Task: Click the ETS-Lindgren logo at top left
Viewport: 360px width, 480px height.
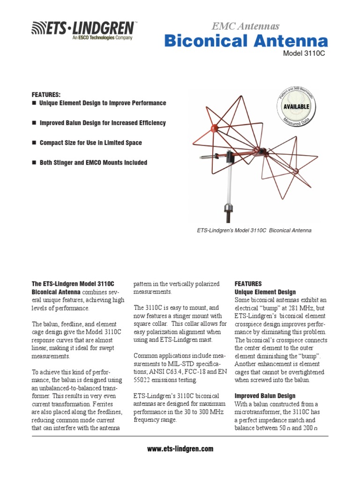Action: point(84,29)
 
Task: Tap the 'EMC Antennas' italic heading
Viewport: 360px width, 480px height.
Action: point(246,26)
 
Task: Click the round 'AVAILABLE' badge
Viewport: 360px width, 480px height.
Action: point(296,106)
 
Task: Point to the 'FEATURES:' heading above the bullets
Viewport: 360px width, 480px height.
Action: point(46,94)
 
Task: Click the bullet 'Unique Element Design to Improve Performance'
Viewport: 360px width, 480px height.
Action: point(103,103)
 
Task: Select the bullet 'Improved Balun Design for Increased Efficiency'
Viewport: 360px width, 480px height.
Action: point(102,123)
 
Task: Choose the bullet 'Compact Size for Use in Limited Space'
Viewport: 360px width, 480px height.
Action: point(90,142)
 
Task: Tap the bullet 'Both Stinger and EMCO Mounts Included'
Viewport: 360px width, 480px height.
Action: point(93,163)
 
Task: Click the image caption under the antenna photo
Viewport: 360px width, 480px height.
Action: point(254,231)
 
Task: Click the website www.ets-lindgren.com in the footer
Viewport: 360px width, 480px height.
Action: point(180,449)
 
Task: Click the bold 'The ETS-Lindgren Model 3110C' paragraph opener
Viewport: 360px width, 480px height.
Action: point(73,284)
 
